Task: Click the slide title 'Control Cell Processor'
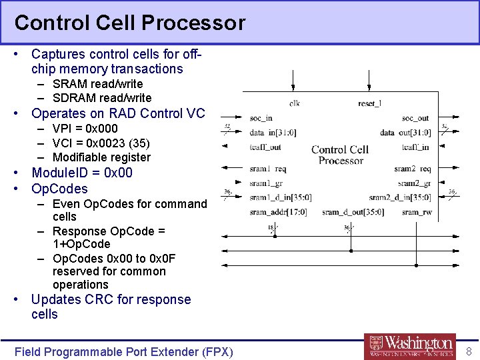tap(130, 23)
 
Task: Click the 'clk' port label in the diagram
tap(294, 103)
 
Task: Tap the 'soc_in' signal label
tap(261, 119)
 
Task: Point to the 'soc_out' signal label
tap(415, 119)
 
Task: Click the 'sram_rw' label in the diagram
tap(416, 212)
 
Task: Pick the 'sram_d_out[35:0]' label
tap(353, 212)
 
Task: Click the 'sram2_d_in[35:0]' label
tap(400, 197)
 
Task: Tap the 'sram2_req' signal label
tap(412, 169)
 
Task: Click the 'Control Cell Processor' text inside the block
tap(340, 155)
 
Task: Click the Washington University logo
tap(410, 346)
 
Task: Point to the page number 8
tap(469, 351)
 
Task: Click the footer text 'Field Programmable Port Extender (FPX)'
tap(124, 351)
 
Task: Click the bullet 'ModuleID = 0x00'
tap(82, 173)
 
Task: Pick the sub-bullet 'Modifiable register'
tap(101, 157)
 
